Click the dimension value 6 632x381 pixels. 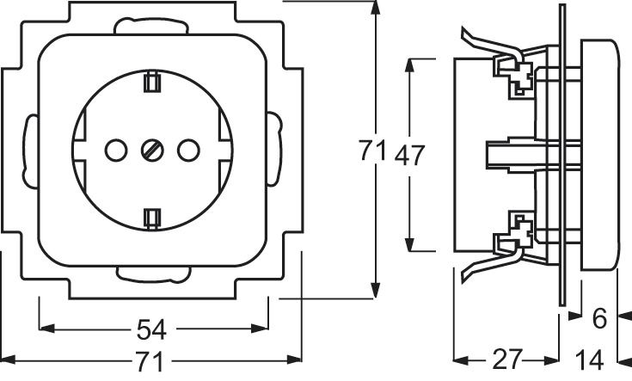(x=599, y=319)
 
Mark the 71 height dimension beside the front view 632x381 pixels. (x=371, y=153)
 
